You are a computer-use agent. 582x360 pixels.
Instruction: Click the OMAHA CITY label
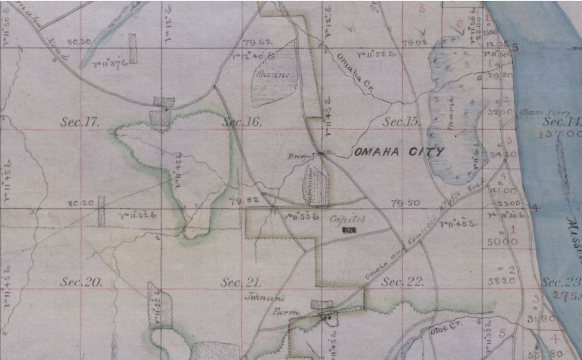pos(399,152)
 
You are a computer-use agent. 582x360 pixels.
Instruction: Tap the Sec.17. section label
pos(80,122)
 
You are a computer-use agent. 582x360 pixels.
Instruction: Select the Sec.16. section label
pos(242,122)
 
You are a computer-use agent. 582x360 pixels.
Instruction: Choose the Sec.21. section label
pos(241,282)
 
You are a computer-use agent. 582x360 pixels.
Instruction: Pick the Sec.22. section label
pos(403,282)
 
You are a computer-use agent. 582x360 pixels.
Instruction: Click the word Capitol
pos(348,220)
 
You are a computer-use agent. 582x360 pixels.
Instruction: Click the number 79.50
pos(405,203)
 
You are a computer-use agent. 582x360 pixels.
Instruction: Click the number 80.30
pos(79,42)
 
